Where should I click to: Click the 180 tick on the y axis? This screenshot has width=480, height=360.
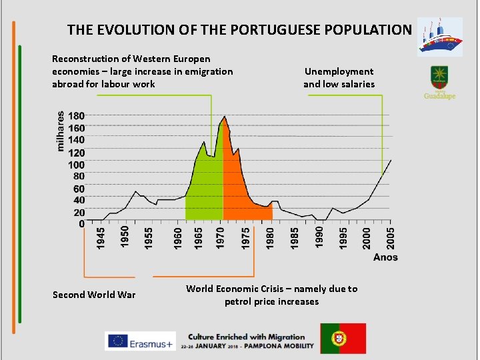(76, 115)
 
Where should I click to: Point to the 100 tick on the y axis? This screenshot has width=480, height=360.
(76, 165)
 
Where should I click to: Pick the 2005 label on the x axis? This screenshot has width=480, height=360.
(391, 238)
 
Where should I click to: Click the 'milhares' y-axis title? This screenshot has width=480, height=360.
(61, 131)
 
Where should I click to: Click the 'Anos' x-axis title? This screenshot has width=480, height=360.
(385, 257)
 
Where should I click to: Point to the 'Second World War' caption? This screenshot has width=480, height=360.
(94, 295)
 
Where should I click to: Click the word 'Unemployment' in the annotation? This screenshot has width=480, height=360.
(339, 71)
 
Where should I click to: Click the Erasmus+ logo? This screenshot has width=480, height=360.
(141, 341)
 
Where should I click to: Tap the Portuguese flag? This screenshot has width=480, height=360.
(343, 338)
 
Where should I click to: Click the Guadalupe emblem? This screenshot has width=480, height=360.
(440, 82)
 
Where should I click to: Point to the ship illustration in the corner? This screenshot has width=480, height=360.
(439, 37)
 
